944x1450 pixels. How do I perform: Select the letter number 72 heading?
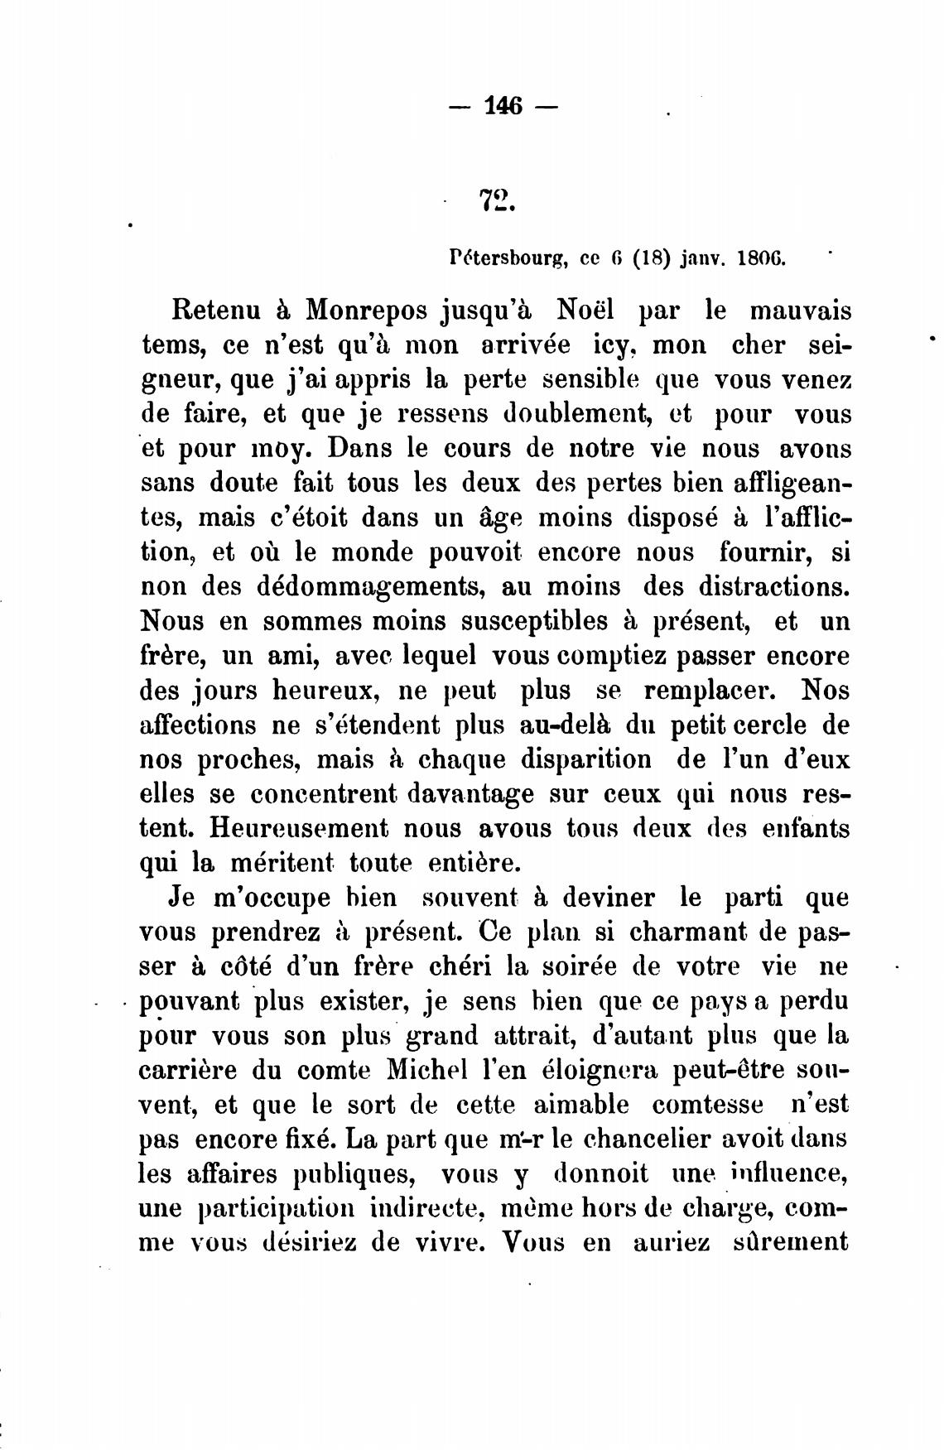497,200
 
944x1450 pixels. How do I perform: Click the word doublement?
577,413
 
